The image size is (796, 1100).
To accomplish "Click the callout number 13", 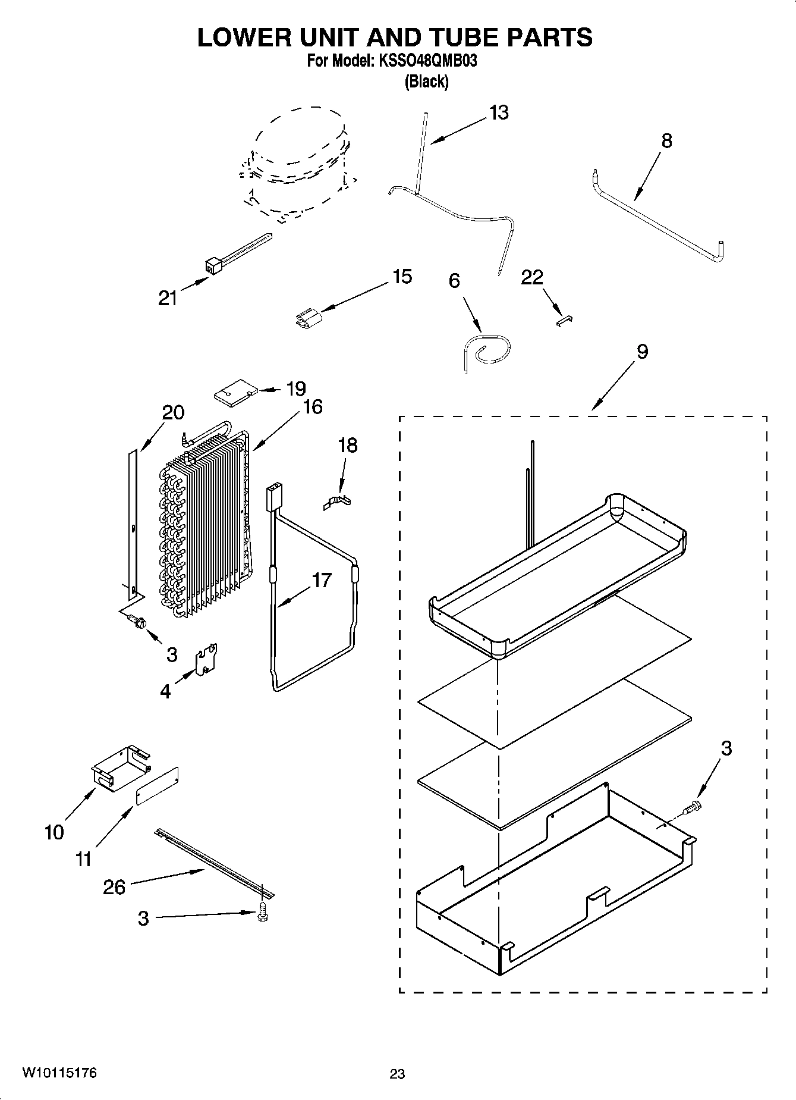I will [x=499, y=112].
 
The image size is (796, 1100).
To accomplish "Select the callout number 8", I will [x=666, y=141].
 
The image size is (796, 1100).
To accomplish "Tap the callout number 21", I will [x=168, y=297].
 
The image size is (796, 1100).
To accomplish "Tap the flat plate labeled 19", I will [x=235, y=393].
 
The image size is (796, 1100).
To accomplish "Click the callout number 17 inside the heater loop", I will [x=321, y=580].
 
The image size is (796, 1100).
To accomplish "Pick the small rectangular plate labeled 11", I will [x=157, y=786].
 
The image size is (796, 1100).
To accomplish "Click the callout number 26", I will [x=114, y=887].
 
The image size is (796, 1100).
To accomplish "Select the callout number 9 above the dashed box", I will [x=642, y=352].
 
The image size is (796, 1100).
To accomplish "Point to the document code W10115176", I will [x=59, y=1073].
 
